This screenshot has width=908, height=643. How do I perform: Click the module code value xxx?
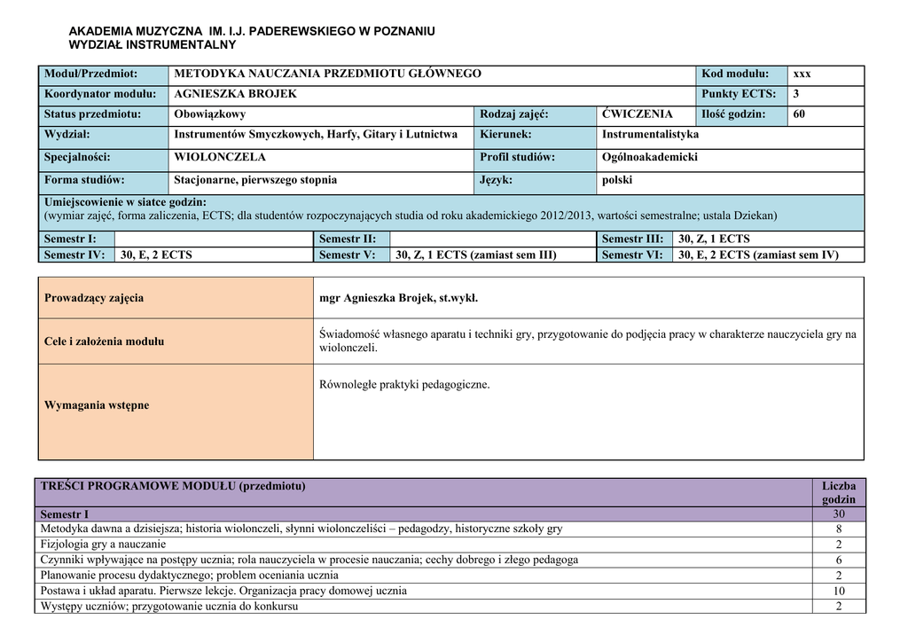802,74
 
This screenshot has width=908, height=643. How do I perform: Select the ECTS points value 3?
796,94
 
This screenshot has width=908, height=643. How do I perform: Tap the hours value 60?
799,114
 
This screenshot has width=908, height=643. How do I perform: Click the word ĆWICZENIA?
637,114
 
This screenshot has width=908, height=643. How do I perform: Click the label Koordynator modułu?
100,94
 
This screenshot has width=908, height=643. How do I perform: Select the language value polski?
617,180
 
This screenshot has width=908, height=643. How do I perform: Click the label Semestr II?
348,239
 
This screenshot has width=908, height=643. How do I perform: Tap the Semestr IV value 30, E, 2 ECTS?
156,255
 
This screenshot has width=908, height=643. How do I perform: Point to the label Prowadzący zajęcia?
94,298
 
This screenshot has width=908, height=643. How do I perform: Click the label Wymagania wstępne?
97,405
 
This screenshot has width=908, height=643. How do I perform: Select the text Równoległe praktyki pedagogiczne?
404,385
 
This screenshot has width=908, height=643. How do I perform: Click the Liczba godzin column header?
838,493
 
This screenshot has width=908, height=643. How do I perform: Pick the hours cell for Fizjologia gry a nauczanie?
838,545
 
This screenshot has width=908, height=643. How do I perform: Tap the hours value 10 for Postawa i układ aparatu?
838,592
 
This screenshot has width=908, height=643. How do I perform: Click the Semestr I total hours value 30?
838,514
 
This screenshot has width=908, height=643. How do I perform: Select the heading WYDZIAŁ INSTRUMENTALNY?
153,44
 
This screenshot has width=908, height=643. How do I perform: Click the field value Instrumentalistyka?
650,135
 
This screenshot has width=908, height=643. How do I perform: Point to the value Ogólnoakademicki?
649,158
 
